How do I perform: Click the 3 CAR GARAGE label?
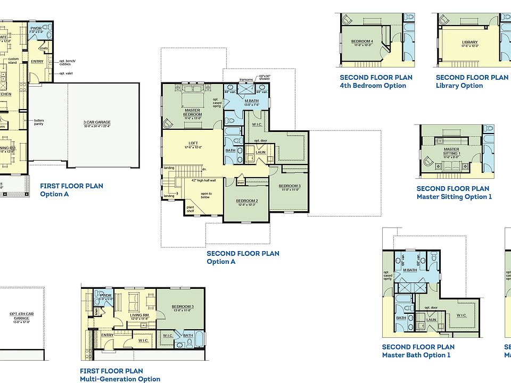pyautogui.click(x=97, y=122)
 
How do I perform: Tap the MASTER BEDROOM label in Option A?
pyautogui.click(x=192, y=112)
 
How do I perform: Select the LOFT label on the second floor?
pyautogui.click(x=193, y=143)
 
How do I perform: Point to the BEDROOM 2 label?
pyautogui.click(x=247, y=201)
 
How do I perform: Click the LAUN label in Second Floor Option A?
pyautogui.click(x=260, y=152)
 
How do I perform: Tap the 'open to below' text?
pyautogui.click(x=206, y=195)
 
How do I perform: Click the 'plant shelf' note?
pyautogui.click(x=190, y=209)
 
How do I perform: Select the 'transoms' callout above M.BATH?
pyautogui.click(x=246, y=79)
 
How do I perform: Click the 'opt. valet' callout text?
pyautogui.click(x=67, y=73)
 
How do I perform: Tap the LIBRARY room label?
pyautogui.click(x=469, y=43)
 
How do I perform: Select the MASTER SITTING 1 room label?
pyautogui.click(x=451, y=151)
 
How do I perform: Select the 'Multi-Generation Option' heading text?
pyautogui.click(x=120, y=379)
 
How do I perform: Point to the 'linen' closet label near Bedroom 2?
pyautogui.click(x=241, y=183)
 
